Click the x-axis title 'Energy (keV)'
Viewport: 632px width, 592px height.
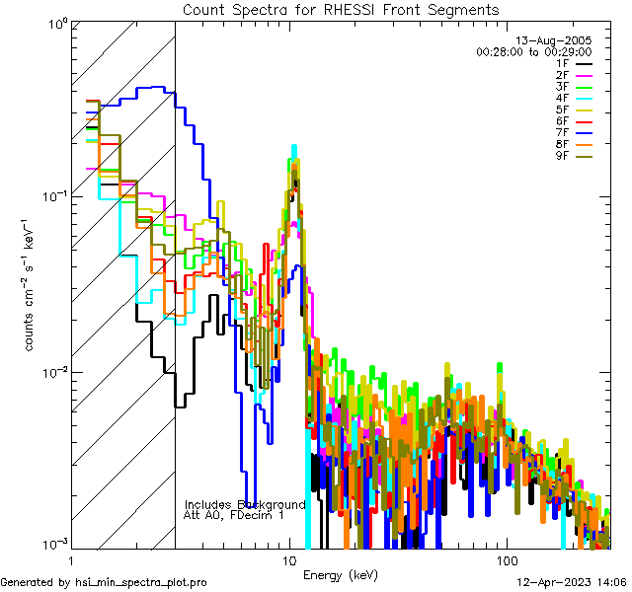341,574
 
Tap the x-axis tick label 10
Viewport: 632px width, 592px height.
289,559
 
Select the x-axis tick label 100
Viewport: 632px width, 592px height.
506,559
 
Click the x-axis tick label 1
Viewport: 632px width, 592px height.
73,559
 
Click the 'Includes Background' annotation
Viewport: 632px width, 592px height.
245,504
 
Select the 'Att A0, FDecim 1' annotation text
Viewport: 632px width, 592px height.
234,515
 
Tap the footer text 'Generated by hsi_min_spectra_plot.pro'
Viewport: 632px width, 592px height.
104,582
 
